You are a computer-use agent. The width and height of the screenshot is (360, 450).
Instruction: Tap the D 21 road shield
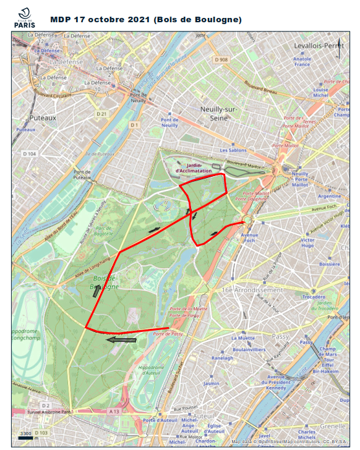[x=102, y=114]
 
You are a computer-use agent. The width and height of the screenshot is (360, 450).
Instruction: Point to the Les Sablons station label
[x=233, y=150]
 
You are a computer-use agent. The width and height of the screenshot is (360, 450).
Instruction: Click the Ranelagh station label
[x=223, y=358]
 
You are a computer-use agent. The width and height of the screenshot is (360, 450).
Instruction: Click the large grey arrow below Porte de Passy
[x=121, y=339]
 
